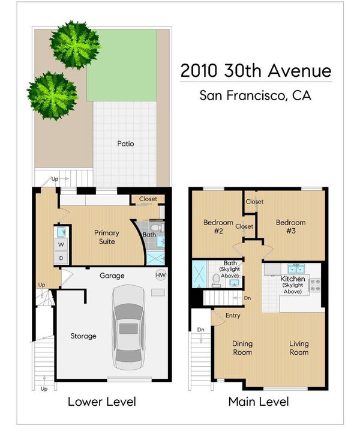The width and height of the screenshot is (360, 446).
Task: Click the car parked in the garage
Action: (x=128, y=328)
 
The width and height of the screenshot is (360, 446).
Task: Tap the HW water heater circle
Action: (x=161, y=275)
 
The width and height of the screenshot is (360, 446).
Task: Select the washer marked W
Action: (x=61, y=244)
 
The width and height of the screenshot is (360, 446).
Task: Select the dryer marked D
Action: (x=61, y=258)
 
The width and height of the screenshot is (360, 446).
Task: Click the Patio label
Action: (x=125, y=143)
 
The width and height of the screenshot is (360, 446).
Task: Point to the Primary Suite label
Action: (x=107, y=237)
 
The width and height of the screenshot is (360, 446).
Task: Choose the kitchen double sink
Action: (x=296, y=268)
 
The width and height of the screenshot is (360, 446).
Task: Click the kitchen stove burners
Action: (x=315, y=285)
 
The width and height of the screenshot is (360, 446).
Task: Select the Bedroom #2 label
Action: (x=218, y=226)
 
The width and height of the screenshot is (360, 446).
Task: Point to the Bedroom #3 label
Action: (x=290, y=226)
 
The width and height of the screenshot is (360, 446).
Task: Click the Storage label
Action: (x=83, y=336)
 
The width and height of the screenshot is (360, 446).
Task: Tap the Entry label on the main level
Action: (x=233, y=315)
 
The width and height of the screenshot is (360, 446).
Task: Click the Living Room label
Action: (x=299, y=348)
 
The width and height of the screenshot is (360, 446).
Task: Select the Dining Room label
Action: (x=242, y=348)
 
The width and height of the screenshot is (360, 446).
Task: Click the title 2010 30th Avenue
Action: (x=256, y=71)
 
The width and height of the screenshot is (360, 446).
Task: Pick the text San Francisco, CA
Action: (x=256, y=95)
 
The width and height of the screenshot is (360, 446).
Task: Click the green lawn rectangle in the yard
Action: (x=122, y=65)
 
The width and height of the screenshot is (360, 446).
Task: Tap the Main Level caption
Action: (x=259, y=402)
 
